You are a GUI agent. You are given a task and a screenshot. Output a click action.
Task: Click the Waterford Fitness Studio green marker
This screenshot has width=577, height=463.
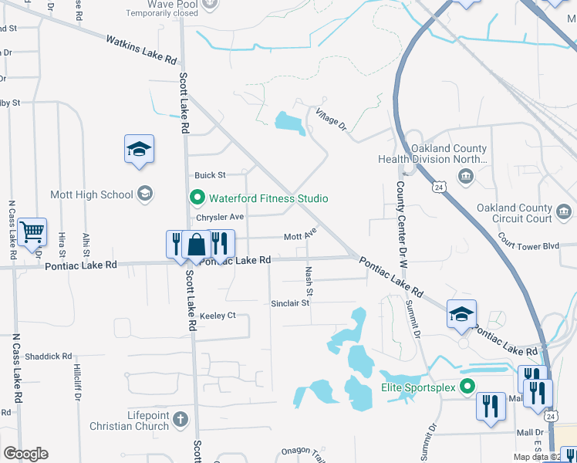click(x=197, y=198)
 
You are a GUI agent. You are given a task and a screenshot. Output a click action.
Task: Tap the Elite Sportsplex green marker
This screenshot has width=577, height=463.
click(x=467, y=387)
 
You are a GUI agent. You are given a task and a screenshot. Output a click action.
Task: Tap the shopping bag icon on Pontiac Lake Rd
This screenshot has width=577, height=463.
click(x=197, y=245)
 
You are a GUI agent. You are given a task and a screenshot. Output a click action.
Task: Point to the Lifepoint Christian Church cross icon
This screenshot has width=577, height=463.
click(x=180, y=420)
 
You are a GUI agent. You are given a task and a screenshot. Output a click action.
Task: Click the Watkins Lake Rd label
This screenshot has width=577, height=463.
click(x=141, y=49)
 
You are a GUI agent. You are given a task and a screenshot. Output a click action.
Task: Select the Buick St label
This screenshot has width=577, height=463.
click(x=210, y=175)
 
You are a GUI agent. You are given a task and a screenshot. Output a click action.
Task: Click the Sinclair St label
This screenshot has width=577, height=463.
click(x=290, y=303)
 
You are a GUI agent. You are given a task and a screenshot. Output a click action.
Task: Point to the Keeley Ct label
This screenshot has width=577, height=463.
click(x=217, y=316)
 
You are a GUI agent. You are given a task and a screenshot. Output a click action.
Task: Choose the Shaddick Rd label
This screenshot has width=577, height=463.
click(x=48, y=357)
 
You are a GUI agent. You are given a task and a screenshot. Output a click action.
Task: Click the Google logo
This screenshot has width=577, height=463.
click(x=25, y=454)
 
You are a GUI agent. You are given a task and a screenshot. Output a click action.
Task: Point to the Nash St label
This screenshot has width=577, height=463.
click(x=309, y=282)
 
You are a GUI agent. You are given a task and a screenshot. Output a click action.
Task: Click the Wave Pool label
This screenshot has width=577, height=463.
click(x=171, y=3)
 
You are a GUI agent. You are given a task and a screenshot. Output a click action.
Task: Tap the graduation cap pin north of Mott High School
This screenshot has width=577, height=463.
click(x=140, y=150)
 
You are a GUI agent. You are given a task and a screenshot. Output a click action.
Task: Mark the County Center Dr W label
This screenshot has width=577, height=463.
click(x=401, y=223)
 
